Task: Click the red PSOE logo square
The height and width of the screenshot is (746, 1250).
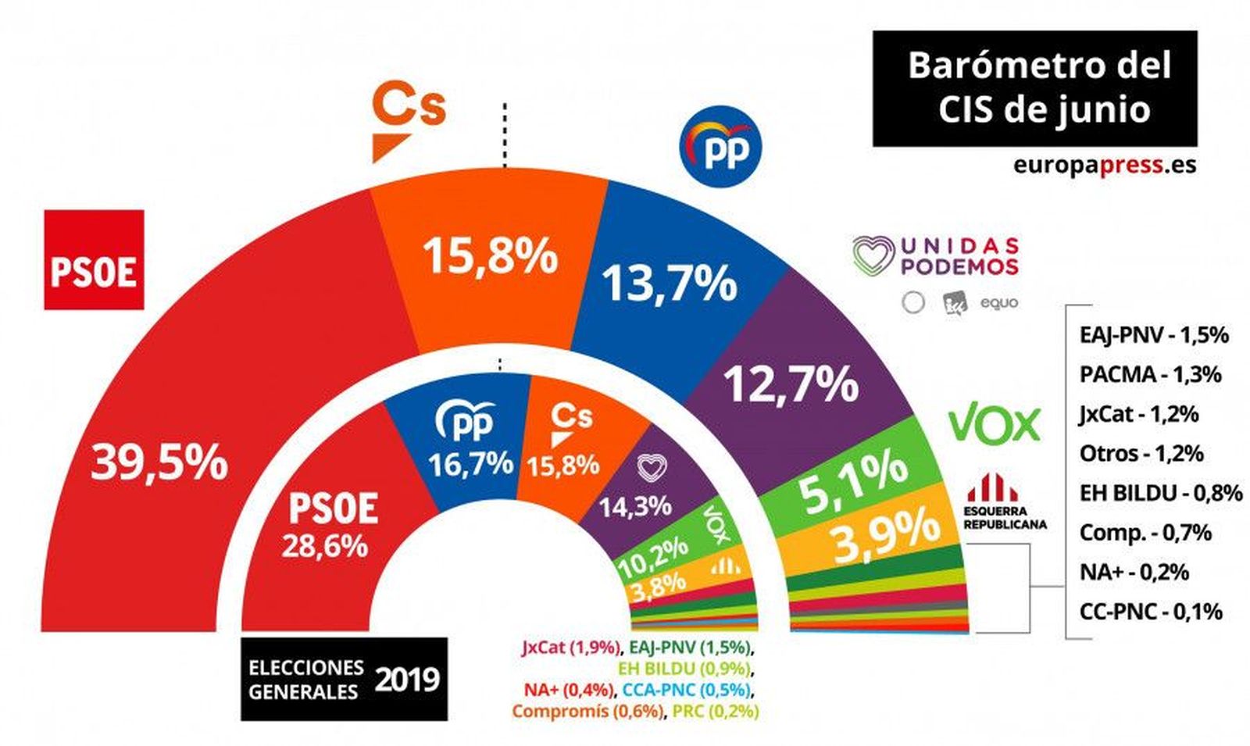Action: pos(94,259)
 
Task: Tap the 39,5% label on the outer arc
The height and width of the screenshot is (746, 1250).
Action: pos(159,462)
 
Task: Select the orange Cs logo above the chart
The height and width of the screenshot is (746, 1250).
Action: pos(406,121)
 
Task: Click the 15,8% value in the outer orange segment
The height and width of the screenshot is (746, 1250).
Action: pos(490,255)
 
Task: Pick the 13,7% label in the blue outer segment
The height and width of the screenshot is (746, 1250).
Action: pos(669,282)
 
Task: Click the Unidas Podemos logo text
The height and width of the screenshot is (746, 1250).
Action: pos(936,257)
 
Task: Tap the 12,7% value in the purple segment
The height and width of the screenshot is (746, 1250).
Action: pos(791,384)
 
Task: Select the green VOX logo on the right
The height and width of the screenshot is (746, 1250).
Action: pos(995,425)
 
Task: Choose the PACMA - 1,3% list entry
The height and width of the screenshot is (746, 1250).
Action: pos(1150,374)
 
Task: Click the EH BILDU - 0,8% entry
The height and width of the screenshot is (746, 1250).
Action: pos(1160,493)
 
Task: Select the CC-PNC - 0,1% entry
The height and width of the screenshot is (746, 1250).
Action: pos(1151,611)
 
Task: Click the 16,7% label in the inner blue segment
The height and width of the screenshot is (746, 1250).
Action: pos(470,464)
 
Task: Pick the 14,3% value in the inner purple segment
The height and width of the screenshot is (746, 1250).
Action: pos(634,507)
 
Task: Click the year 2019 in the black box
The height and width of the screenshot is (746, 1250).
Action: pos(406,679)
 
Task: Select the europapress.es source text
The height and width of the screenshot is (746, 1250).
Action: pos(1105,165)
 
